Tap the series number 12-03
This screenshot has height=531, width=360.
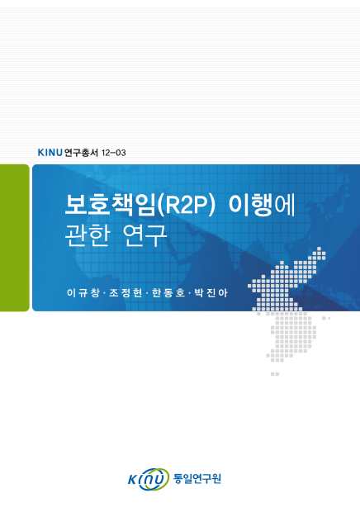click(x=113, y=152)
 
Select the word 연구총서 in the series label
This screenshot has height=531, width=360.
click(x=81, y=152)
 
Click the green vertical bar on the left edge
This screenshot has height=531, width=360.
click(x=14, y=238)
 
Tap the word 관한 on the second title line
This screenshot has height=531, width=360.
click(x=87, y=234)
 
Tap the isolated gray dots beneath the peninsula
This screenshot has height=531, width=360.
click(x=275, y=374)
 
